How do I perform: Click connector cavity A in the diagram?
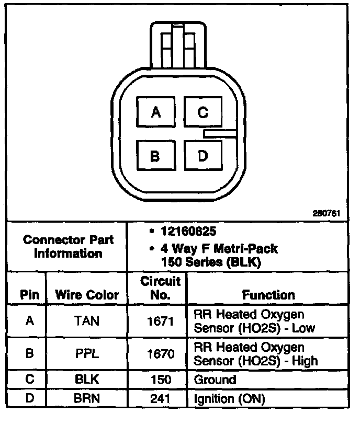point(155,112)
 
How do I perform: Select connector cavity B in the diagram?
point(155,155)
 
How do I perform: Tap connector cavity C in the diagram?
point(203,112)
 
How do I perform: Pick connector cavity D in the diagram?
point(203,155)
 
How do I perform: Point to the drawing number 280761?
point(327,213)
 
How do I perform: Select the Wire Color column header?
point(87,295)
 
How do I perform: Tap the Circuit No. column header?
point(161,288)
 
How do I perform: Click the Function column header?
point(268,295)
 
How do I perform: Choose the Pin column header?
point(30,295)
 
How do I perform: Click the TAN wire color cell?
point(87,321)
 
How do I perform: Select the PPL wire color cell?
point(87,354)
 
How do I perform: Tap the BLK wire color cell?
point(87,379)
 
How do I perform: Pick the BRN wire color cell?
point(87,399)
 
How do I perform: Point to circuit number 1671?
point(160,321)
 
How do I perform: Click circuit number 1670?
point(160,354)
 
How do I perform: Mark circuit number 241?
point(160,399)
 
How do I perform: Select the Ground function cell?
point(215,379)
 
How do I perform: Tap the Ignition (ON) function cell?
point(229,399)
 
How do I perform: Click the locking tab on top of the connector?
point(175,44)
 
